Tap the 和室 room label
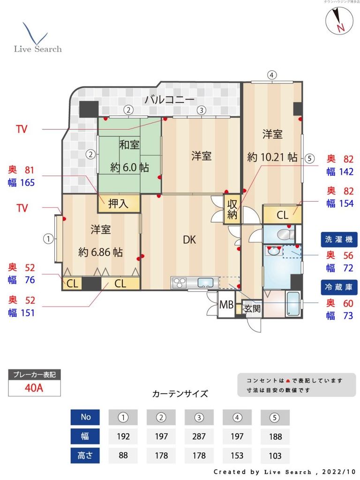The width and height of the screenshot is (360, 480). tap(129, 144)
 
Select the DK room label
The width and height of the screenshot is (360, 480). tap(189, 240)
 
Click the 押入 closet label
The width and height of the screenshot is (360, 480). tap(118, 204)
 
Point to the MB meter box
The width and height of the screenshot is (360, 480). tap(227, 305)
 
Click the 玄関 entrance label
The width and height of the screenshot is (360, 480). tap(252, 308)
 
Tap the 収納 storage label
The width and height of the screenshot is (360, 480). tap(232, 210)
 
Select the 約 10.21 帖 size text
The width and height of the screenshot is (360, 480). tap(272, 157)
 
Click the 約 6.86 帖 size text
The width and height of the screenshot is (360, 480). tap(101, 252)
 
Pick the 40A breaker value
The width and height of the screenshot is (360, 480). tap(35, 388)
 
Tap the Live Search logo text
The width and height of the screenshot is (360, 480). tap(37, 49)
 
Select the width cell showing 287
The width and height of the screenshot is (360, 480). tap(199, 436)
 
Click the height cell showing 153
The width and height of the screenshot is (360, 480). tap(237, 456)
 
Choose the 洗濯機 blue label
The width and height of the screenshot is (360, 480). tap(338, 240)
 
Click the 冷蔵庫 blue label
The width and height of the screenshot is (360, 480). tap(338, 287)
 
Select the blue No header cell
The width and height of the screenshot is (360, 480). tap(85, 417)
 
